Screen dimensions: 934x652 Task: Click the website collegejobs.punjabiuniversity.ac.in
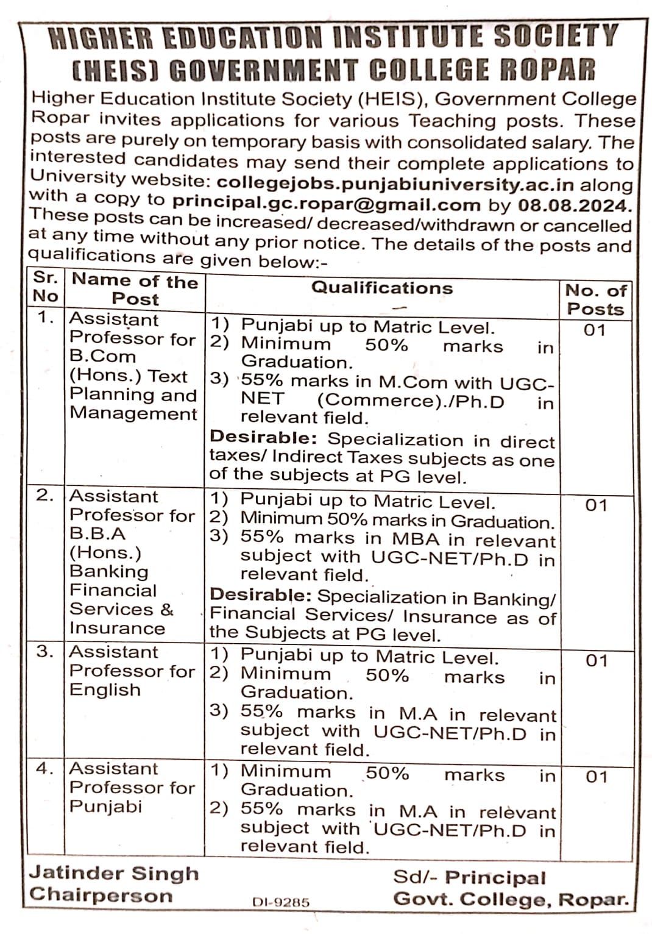395,184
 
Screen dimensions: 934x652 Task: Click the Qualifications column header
382,288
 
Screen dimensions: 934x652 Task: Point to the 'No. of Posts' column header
595,299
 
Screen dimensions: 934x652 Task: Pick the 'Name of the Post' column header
135,290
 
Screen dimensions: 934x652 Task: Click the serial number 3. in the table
44,651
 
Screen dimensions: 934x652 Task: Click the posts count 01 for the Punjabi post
597,777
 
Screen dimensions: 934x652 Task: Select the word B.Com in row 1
102,357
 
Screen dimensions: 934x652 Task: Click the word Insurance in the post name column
117,628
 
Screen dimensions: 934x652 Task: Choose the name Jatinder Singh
114,873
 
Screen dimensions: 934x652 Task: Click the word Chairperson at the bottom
101,895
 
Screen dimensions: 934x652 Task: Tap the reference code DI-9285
281,902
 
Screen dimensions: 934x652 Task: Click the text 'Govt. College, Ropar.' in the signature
511,899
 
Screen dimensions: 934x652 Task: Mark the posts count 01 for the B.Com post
594,330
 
